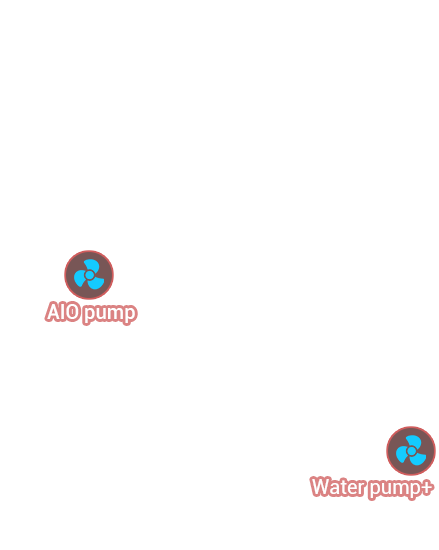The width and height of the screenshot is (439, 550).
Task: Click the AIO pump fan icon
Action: click(89, 275)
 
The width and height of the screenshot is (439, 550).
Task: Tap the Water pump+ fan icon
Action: click(411, 451)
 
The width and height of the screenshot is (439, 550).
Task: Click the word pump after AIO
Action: click(109, 314)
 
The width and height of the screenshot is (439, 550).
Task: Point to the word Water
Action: click(338, 487)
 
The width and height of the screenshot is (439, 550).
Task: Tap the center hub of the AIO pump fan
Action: click(89, 275)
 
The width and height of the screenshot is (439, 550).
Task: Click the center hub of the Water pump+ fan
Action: click(411, 451)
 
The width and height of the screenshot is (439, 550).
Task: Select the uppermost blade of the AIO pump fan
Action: click(92, 266)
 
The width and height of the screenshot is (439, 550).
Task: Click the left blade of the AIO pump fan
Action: click(80, 279)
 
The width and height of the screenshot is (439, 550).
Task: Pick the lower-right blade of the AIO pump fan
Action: click(96, 283)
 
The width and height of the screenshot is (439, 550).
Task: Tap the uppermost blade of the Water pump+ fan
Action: click(414, 442)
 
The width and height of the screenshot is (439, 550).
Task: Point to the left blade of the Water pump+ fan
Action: click(401, 455)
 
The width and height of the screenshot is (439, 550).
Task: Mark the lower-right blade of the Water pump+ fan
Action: click(418, 459)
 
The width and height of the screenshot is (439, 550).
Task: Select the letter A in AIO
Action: click(53, 312)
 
